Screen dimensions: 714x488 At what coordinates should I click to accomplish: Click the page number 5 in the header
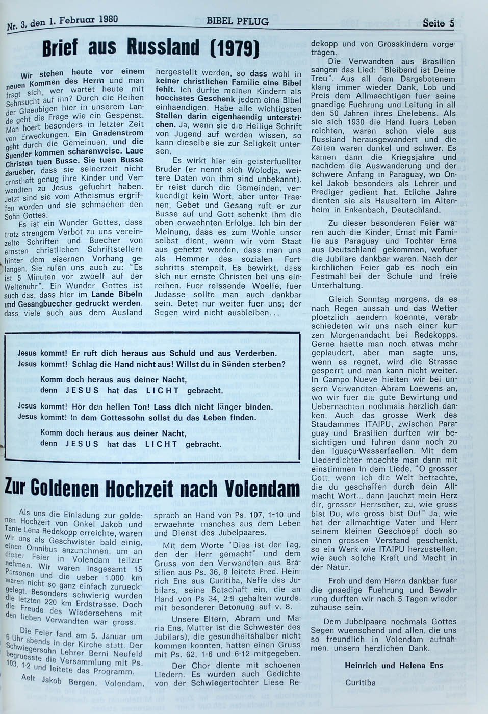[451, 23]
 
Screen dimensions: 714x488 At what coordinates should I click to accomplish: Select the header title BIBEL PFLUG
[237, 21]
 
